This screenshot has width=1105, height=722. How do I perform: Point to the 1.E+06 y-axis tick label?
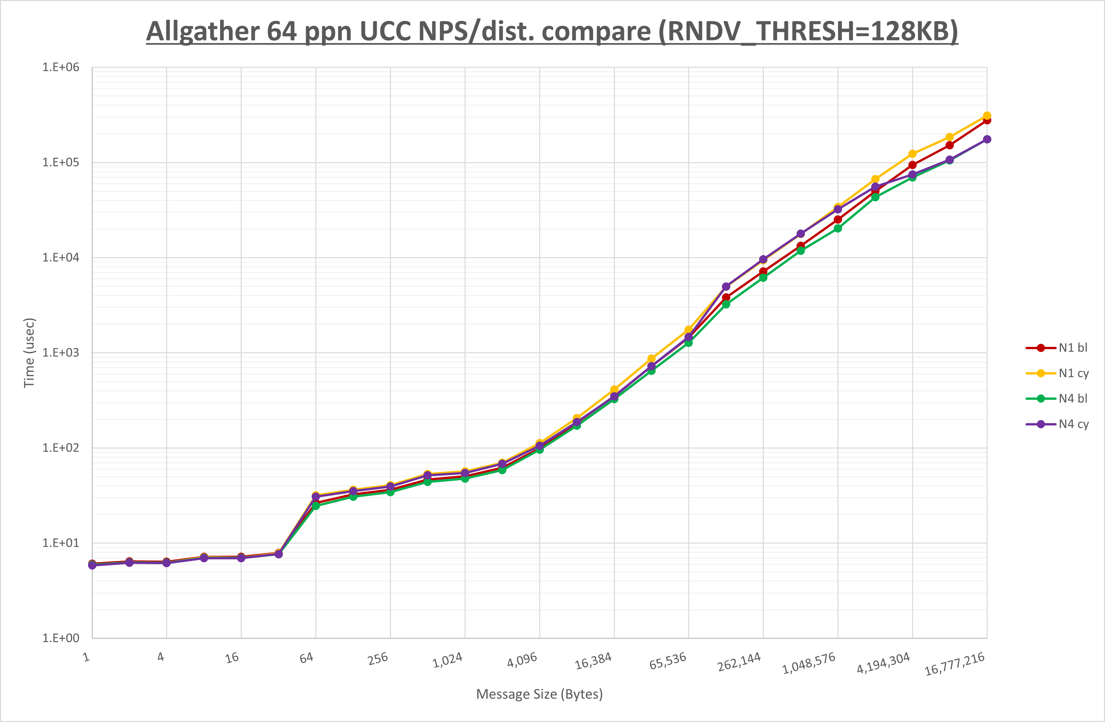coord(61,67)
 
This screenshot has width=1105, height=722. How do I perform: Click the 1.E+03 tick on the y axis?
coord(61,353)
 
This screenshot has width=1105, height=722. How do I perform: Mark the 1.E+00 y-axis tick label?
coord(61,638)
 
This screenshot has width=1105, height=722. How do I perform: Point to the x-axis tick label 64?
coord(306,658)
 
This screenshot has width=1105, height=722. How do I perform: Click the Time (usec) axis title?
coord(29,353)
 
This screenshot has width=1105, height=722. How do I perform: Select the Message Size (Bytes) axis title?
coord(540,694)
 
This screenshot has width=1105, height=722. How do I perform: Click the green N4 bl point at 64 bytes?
coord(316,506)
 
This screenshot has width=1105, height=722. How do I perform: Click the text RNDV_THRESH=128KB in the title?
coord(808,32)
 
